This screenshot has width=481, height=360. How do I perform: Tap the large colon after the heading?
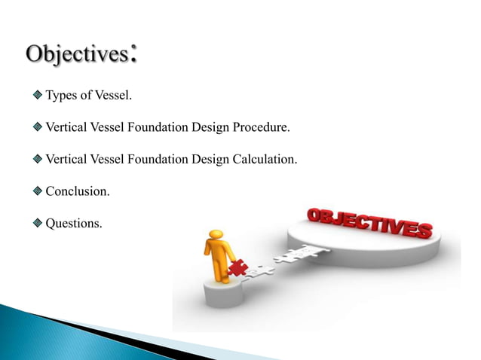[x=134, y=54]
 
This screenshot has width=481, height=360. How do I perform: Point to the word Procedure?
[x=262, y=127]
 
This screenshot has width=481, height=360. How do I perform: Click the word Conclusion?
[x=78, y=191]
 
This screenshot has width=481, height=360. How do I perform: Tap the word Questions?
[x=74, y=224]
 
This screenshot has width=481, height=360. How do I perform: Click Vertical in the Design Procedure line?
[x=66, y=127]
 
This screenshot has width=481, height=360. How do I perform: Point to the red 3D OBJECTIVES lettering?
[x=369, y=223]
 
